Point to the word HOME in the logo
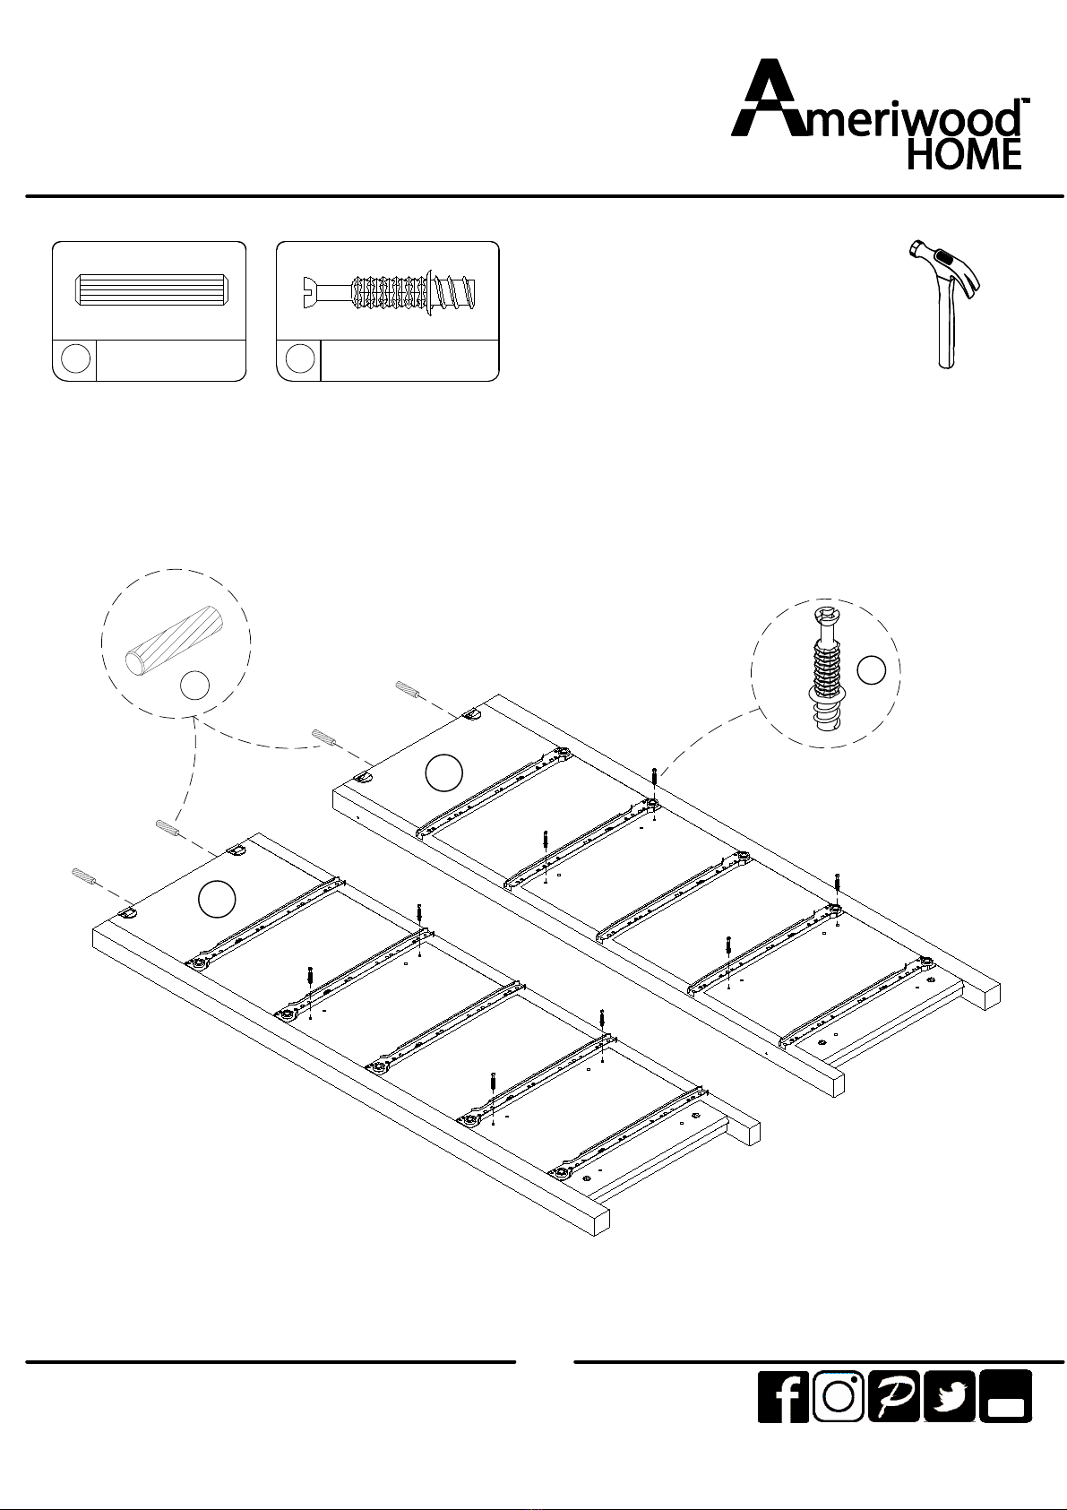tap(964, 154)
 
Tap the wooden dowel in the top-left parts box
tap(150, 289)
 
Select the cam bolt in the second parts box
tap(390, 290)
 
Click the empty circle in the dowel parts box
tap(75, 358)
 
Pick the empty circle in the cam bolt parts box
tap(300, 358)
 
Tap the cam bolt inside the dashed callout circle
tap(825, 668)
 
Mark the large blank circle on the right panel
tap(444, 773)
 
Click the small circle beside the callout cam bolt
tap(871, 670)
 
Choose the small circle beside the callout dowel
tap(194, 686)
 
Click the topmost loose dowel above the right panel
tap(408, 690)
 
